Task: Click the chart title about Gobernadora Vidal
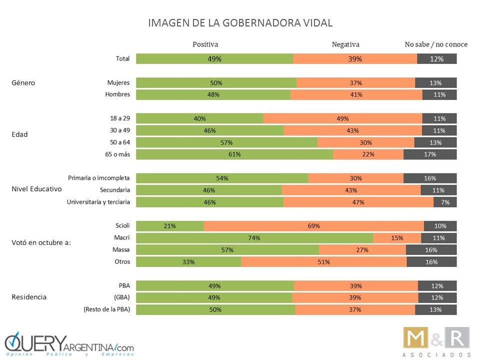click(x=240, y=23)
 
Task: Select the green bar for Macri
click(x=254, y=238)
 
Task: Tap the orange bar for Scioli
click(x=313, y=226)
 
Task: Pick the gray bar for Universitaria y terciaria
click(x=445, y=202)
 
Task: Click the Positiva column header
click(x=205, y=44)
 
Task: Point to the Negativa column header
click(x=345, y=44)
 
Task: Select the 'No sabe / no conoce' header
click(x=436, y=44)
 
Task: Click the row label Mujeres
click(x=118, y=82)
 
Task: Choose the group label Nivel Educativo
click(x=36, y=189)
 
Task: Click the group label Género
click(x=23, y=82)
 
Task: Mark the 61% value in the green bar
click(x=234, y=154)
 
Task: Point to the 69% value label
click(x=313, y=226)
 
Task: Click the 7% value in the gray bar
click(x=445, y=202)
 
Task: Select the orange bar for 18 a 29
click(x=342, y=118)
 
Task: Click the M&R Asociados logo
click(x=436, y=341)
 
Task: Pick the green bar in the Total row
click(x=214, y=58)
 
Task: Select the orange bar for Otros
click(x=323, y=261)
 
